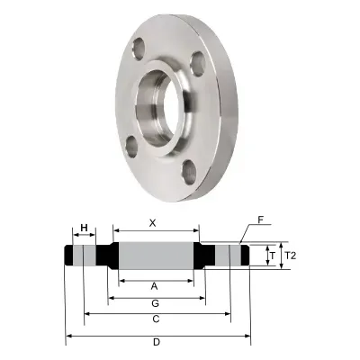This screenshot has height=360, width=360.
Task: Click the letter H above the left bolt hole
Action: point(85,227)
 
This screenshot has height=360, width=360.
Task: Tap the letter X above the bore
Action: point(152,221)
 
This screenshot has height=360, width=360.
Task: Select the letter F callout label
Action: point(260,220)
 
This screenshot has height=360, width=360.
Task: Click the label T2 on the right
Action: point(289,256)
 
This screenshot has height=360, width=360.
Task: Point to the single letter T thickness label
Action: point(272,256)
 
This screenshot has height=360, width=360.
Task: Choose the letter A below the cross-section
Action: point(154,285)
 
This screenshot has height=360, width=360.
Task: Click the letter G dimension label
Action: point(155,302)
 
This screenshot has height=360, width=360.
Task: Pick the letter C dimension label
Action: point(156,319)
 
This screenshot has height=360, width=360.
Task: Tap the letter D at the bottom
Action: point(156,342)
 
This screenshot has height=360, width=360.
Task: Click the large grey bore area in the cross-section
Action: point(155,256)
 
